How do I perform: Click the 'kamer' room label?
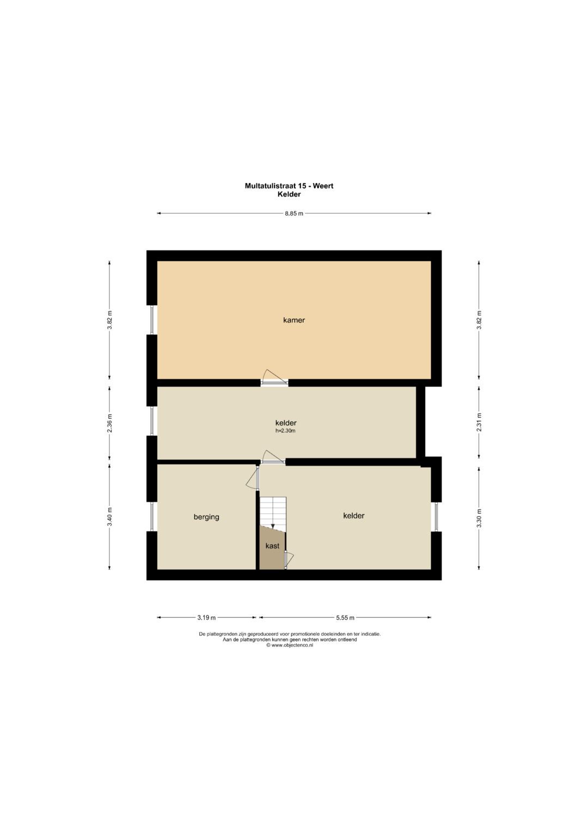click(x=293, y=320)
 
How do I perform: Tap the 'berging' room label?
click(x=206, y=517)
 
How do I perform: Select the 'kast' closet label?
click(x=272, y=546)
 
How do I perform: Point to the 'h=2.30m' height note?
click(x=285, y=431)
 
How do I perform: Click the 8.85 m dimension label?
click(x=294, y=213)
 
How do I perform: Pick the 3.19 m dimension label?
click(x=206, y=618)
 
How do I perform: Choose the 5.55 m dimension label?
click(x=345, y=618)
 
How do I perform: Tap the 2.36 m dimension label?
click(x=109, y=423)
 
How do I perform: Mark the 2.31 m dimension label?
click(x=479, y=422)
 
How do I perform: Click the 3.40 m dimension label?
click(x=109, y=517)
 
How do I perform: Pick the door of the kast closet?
click(x=289, y=560)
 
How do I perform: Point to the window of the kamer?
click(x=152, y=320)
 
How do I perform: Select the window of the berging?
click(x=152, y=516)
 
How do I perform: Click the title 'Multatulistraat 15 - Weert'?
click(x=289, y=186)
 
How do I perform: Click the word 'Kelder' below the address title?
click(x=289, y=194)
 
